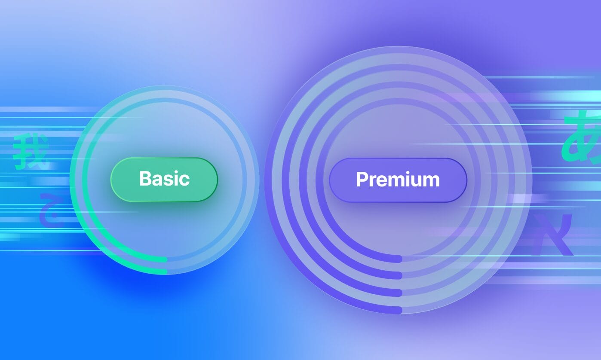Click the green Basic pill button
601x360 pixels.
coord(164,179)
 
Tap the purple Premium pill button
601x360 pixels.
coord(398,180)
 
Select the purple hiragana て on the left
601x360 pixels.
coord(51,210)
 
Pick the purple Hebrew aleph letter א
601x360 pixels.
coord(553,235)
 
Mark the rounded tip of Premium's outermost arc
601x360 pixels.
coord(399,310)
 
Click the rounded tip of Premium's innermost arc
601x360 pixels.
coord(399,259)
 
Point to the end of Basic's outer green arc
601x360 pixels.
coord(165,272)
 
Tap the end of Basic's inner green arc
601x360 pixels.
coord(165,259)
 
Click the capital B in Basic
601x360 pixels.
coord(145,179)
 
